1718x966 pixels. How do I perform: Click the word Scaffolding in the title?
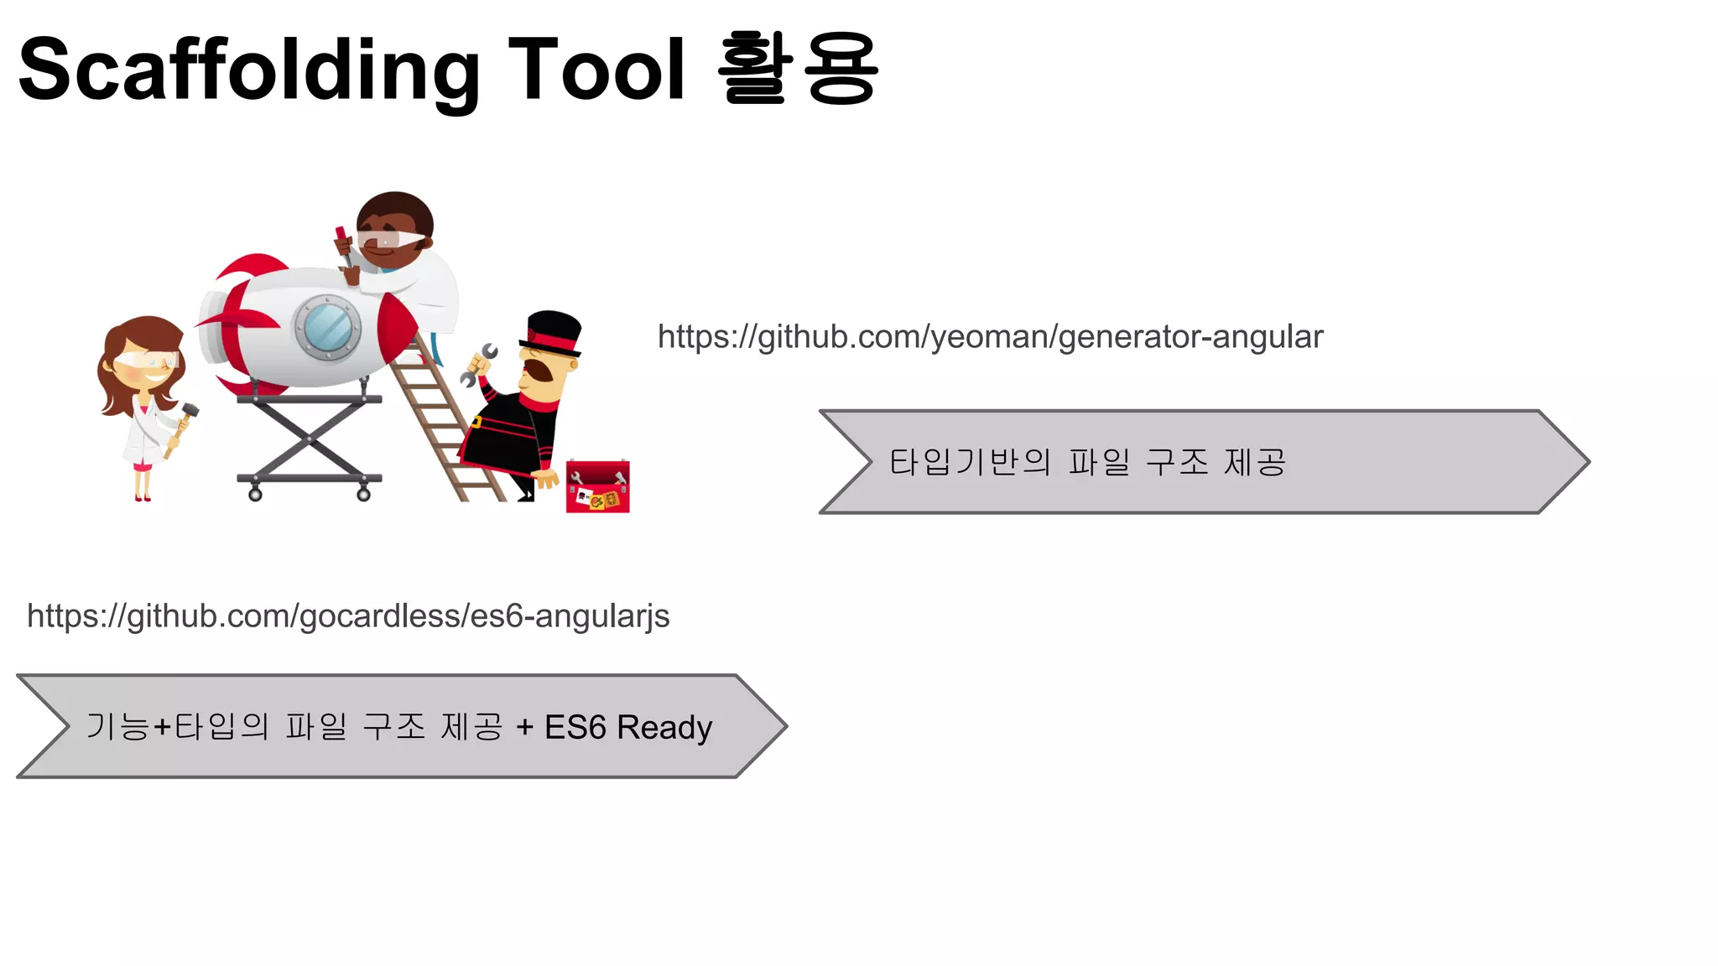(x=248, y=72)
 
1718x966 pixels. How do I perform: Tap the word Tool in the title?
(x=596, y=70)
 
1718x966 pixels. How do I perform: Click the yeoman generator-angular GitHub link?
(x=990, y=337)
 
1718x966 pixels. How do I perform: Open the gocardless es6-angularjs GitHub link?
(x=348, y=616)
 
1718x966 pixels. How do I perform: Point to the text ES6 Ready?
(x=628, y=727)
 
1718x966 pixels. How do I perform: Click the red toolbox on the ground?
(x=597, y=486)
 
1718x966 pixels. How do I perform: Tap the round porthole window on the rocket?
(x=327, y=327)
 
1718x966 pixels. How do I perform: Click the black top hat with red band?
(x=553, y=330)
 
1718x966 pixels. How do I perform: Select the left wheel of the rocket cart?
(x=255, y=495)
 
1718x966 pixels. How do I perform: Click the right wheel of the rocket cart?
(x=363, y=495)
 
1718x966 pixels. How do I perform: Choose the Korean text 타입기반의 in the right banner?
(x=970, y=462)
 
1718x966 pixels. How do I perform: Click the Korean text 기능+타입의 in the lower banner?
(x=177, y=727)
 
